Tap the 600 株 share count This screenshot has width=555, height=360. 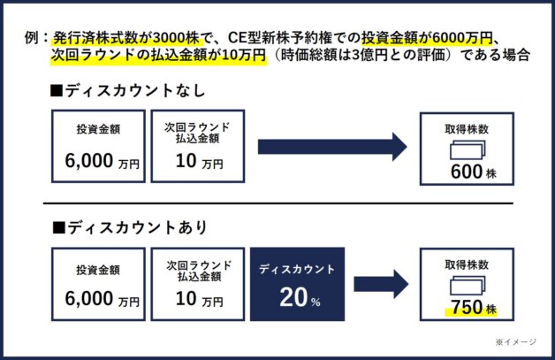tap(473, 172)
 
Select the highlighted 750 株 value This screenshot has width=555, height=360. tap(473, 307)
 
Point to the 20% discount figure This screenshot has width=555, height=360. tap(300, 297)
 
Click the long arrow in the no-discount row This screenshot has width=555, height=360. tap(332, 147)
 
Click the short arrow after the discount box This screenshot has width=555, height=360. tap(381, 284)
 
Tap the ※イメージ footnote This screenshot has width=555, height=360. tap(516, 342)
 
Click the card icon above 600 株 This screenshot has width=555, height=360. tap(468, 149)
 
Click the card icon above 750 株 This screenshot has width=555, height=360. tap(468, 286)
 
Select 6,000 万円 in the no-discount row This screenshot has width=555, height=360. tap(102, 161)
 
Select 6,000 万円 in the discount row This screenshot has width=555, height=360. tap(102, 299)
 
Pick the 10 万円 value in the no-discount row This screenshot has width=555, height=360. tap(199, 161)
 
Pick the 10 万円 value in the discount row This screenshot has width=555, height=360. tap(199, 299)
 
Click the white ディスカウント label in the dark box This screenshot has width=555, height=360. tap(297, 269)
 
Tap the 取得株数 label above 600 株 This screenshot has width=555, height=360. tap(467, 129)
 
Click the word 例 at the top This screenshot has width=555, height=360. tap(31, 37)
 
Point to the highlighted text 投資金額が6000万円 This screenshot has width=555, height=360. tap(427, 37)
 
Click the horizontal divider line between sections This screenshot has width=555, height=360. tap(278, 203)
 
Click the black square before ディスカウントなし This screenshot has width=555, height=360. tap(57, 91)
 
